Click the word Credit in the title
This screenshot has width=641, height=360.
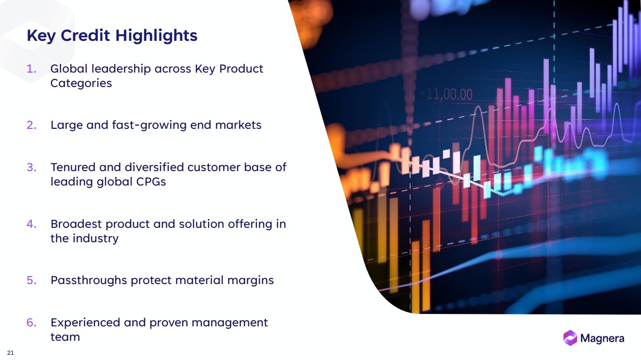(x=85, y=36)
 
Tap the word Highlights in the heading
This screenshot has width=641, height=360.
(x=156, y=36)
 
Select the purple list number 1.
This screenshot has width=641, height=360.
(x=31, y=69)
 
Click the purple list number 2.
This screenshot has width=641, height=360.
(x=31, y=125)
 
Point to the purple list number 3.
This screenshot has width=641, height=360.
(x=31, y=167)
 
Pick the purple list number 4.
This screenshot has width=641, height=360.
(x=31, y=224)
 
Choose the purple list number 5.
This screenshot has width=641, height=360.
(x=31, y=280)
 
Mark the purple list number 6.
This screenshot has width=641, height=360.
(x=31, y=323)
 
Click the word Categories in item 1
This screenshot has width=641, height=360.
(x=81, y=83)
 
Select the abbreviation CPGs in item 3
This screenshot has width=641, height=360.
(x=151, y=182)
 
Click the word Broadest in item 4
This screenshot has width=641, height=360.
(x=76, y=224)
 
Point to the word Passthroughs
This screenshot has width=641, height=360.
(x=88, y=281)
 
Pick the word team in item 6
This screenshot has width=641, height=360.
(x=65, y=337)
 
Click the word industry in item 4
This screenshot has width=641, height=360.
(x=96, y=239)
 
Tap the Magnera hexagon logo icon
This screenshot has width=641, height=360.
(x=570, y=338)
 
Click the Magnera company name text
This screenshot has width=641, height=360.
(x=602, y=338)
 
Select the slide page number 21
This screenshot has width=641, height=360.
(x=10, y=353)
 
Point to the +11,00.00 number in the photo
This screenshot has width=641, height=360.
(x=446, y=95)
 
